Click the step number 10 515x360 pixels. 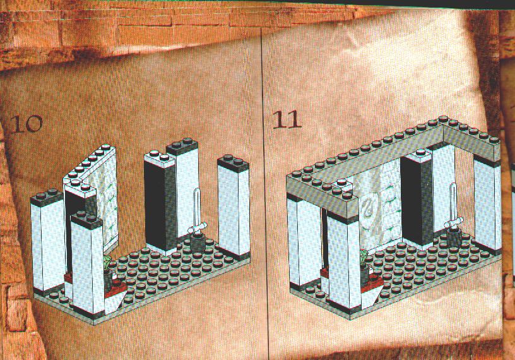click(27, 124)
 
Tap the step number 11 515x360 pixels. click(287, 119)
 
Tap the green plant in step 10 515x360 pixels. click(107, 263)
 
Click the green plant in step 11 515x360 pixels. click(364, 256)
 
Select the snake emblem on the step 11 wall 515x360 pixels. click(369, 208)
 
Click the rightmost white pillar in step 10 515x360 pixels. click(234, 207)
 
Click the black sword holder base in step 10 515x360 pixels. click(198, 243)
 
